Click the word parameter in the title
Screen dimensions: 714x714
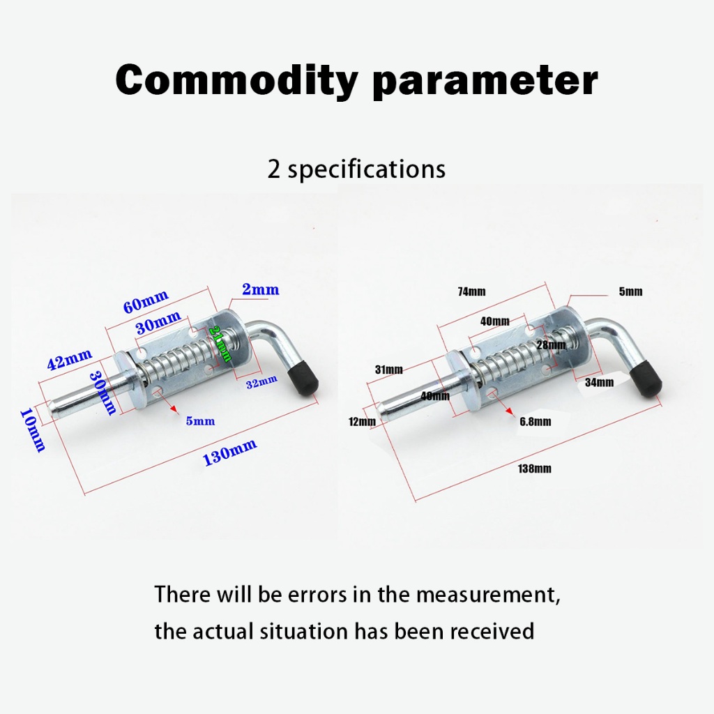pyautogui.click(x=485, y=82)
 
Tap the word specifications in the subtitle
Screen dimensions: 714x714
pyautogui.click(x=367, y=170)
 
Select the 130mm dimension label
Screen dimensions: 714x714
pyautogui.click(x=229, y=451)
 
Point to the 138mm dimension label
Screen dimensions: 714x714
pyautogui.click(x=535, y=469)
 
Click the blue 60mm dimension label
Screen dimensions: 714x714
pyautogui.click(x=146, y=301)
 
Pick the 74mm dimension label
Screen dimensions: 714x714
pyautogui.click(x=472, y=291)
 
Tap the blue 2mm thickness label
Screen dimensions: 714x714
pyautogui.click(x=261, y=289)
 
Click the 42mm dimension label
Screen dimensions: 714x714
pyautogui.click(x=70, y=359)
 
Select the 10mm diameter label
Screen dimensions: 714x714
pyautogui.click(x=32, y=430)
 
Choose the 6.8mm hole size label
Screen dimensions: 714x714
pyautogui.click(x=535, y=422)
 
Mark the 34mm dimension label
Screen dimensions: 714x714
pyautogui.click(x=599, y=383)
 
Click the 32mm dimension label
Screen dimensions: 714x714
pyautogui.click(x=262, y=383)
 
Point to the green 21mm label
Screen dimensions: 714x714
pyautogui.click(x=220, y=343)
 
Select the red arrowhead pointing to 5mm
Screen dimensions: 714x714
pyautogui.click(x=174, y=409)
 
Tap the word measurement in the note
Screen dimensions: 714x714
pyautogui.click(x=487, y=595)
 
